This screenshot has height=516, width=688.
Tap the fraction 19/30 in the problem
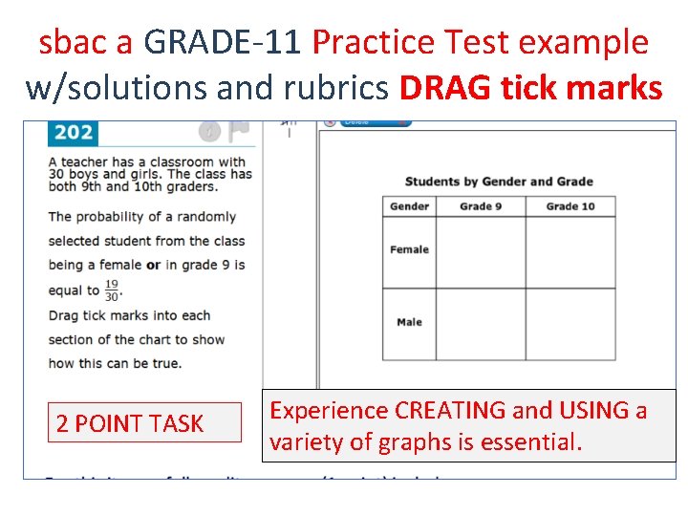point(113,290)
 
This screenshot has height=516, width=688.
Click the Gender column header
point(409,206)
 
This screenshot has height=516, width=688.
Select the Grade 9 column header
point(476,206)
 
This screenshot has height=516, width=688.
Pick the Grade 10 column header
point(570,206)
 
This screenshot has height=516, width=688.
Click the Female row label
point(409,250)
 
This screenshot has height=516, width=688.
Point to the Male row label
point(409,322)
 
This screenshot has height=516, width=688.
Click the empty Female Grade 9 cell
point(480,251)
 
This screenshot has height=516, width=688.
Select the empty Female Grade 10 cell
point(570,251)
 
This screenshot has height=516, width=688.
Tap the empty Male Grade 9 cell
point(480,323)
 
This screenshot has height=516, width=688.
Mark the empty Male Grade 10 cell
point(570,323)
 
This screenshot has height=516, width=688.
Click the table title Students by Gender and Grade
point(499,182)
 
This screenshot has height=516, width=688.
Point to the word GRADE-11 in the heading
point(224,43)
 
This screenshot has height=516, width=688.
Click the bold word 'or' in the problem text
point(153,265)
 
